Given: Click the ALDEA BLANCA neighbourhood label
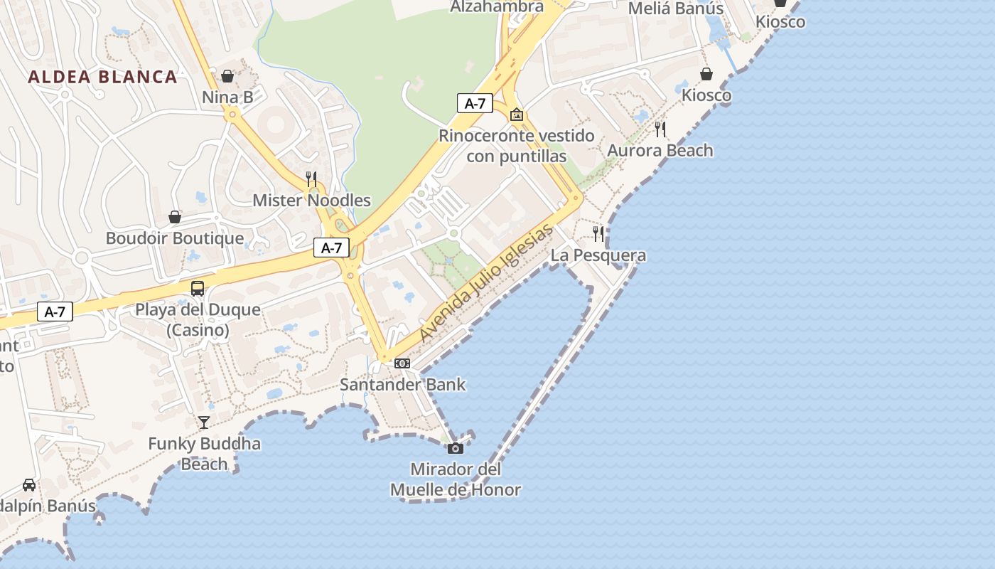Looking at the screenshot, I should pyautogui.click(x=102, y=77).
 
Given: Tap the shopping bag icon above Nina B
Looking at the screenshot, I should pyautogui.click(x=227, y=75).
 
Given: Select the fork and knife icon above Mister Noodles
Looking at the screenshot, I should pyautogui.click(x=311, y=179).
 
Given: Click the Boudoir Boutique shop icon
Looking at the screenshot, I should pyautogui.click(x=175, y=216).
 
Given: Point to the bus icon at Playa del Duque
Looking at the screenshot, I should pyautogui.click(x=198, y=288).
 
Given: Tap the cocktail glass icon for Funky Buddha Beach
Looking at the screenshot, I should pyautogui.click(x=204, y=422).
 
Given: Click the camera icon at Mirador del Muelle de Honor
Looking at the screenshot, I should pyautogui.click(x=456, y=448).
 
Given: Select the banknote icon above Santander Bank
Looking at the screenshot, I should pyautogui.click(x=402, y=363).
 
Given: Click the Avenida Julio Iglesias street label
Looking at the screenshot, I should pyautogui.click(x=486, y=282).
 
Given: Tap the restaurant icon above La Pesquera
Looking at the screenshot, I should pyautogui.click(x=598, y=233).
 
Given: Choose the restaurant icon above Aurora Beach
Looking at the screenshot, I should pyautogui.click(x=660, y=129).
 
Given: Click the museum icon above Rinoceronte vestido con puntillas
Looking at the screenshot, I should pyautogui.click(x=517, y=114).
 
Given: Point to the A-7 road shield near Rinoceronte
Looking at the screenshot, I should pyautogui.click(x=475, y=103).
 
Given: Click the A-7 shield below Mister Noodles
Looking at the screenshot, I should pyautogui.click(x=331, y=248).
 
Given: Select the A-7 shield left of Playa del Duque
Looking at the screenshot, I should pyautogui.click(x=55, y=312).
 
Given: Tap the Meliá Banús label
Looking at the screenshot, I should pyautogui.click(x=676, y=9).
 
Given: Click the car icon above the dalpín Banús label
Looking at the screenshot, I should pyautogui.click(x=29, y=484).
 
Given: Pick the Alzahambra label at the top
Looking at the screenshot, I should pyautogui.click(x=497, y=6).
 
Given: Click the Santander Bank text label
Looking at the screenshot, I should pyautogui.click(x=402, y=385).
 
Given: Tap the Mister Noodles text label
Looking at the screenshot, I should pyautogui.click(x=311, y=201).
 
